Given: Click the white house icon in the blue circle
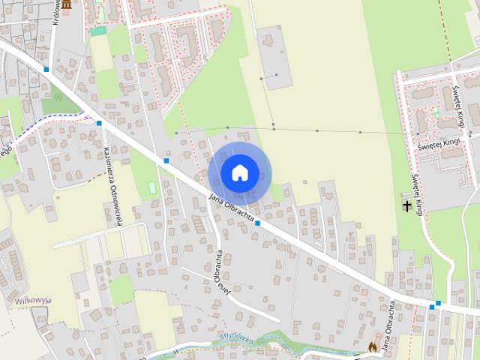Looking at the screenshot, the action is [x=239, y=172].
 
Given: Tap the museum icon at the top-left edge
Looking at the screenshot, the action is [x=67, y=4].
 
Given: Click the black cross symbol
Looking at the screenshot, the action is [x=408, y=205].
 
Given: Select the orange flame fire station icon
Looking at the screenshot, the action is [x=373, y=348].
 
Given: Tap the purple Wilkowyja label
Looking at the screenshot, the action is [x=31, y=301].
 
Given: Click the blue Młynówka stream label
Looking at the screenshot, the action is [x=238, y=338].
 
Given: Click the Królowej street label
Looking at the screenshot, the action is [x=56, y=13].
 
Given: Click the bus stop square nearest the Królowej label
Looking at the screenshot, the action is [x=46, y=69].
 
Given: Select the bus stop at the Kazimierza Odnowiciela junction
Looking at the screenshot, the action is [x=99, y=123].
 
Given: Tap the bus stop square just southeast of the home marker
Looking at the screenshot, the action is [x=257, y=223].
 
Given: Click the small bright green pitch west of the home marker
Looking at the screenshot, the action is [x=152, y=187].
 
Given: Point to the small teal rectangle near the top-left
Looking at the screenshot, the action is [x=98, y=31].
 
